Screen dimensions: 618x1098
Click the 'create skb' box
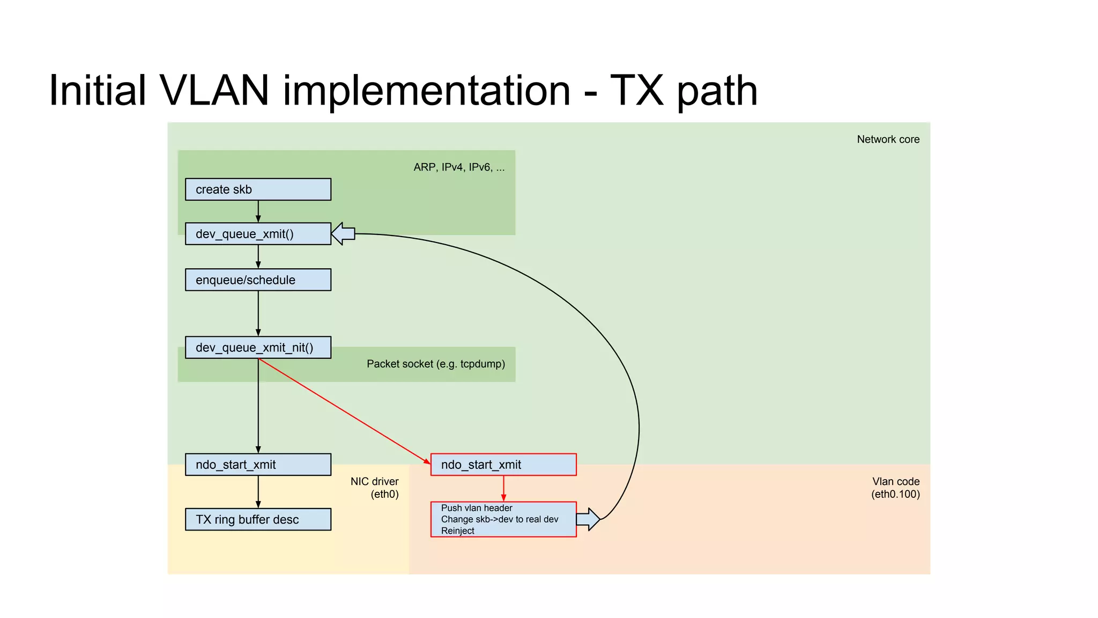click(258, 189)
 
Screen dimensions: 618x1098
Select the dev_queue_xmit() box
click(258, 234)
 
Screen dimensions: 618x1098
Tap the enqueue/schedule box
click(258, 280)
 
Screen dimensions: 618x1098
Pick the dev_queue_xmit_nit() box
click(258, 348)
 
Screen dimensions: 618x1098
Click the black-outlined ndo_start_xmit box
click(258, 465)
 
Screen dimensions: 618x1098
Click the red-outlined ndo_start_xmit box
click(503, 465)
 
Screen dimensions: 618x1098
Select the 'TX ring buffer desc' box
click(258, 519)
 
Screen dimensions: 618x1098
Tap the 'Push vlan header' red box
click(503, 519)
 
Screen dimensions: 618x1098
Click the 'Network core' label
click(888, 139)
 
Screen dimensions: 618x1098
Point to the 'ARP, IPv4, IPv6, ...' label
click(459, 167)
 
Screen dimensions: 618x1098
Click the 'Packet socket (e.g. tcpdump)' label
click(435, 364)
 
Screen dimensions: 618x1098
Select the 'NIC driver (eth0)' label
click(375, 488)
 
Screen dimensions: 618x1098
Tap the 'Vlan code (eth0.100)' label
click(895, 488)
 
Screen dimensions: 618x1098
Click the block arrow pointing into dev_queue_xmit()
click(343, 234)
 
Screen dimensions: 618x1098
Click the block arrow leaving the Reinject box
click(588, 519)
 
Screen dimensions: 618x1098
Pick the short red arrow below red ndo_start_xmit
click(503, 488)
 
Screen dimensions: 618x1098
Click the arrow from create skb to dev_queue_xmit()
click(258, 211)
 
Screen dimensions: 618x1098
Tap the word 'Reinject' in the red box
click(457, 531)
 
